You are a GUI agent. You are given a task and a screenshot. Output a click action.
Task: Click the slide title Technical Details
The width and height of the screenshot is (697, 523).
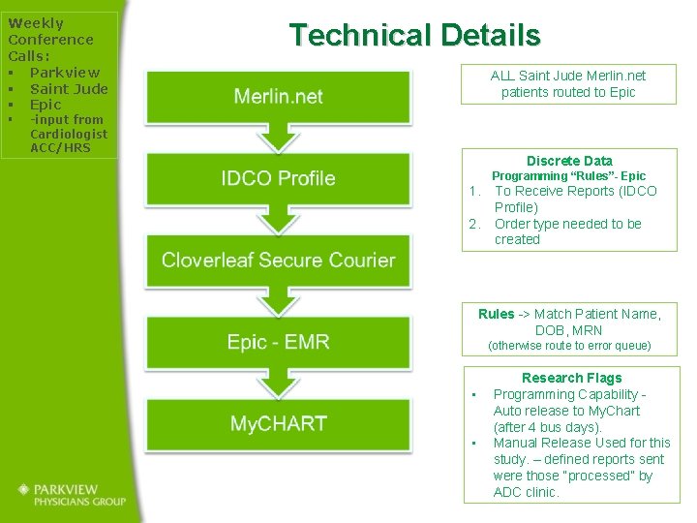(414, 36)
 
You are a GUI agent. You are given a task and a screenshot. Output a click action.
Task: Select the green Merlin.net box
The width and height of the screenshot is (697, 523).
(278, 96)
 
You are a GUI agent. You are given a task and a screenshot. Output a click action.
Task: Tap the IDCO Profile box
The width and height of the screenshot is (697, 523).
(278, 178)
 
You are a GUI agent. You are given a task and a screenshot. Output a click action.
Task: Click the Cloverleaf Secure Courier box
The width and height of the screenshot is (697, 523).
(278, 260)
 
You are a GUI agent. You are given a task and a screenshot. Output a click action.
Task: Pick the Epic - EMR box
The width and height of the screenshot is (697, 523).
(278, 342)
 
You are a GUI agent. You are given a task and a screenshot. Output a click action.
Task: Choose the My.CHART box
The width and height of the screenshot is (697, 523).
(278, 423)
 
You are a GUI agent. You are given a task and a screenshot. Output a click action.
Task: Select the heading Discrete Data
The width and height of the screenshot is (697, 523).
(569, 161)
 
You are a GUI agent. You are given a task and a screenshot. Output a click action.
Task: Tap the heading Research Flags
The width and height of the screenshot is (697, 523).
(571, 378)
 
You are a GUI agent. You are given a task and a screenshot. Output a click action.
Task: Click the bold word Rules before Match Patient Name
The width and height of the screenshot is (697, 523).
(496, 314)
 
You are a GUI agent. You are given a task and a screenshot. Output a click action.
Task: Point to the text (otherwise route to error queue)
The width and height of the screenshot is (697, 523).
(569, 346)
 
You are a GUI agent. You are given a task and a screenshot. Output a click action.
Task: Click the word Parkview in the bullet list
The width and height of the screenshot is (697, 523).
(65, 72)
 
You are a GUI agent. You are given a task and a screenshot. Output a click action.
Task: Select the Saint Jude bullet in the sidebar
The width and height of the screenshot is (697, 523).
(69, 88)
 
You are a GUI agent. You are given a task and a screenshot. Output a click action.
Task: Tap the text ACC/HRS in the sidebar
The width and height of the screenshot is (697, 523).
(60, 147)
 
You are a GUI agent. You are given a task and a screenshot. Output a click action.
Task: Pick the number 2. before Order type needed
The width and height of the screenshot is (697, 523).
(475, 224)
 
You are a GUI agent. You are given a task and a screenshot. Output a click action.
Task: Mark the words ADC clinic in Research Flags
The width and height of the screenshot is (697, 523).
(526, 492)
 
